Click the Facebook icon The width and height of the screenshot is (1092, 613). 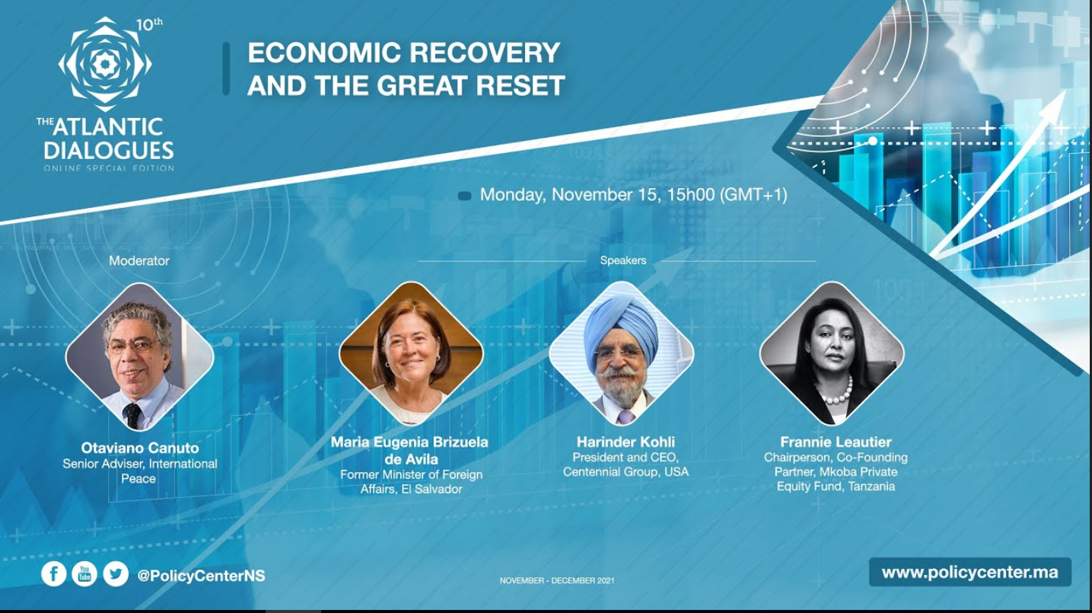[53, 574]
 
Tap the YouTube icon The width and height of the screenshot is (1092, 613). [84, 574]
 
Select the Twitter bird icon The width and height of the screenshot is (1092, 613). [116, 574]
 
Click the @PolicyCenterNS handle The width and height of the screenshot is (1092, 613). [202, 576]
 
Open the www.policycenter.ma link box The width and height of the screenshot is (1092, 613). [969, 572]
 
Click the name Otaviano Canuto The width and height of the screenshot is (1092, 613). [140, 448]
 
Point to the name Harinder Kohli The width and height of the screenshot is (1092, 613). [626, 442]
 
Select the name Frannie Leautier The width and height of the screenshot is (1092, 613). [836, 442]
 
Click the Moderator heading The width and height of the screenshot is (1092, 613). [139, 260]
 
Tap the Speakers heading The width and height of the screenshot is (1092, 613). [623, 260]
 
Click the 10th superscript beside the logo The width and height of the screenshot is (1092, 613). [149, 24]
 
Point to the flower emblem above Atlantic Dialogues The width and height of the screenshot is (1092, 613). [105, 64]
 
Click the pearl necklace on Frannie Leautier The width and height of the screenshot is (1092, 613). [839, 393]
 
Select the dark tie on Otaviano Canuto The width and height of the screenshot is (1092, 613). [132, 416]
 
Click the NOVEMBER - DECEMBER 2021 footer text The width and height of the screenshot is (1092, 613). [557, 580]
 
